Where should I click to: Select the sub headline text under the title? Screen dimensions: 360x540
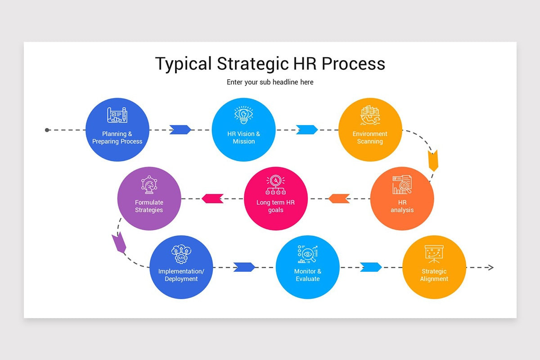[x=270, y=82]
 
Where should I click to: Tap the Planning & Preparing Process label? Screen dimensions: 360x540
[x=117, y=138]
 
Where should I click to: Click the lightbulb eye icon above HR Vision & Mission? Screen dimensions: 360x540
[x=243, y=115]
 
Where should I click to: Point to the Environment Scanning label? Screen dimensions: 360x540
[x=370, y=138]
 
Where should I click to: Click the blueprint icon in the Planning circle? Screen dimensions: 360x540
[x=117, y=115]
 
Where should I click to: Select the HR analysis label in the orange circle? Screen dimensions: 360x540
[x=402, y=206]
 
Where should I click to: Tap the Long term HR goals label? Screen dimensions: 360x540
[x=275, y=206]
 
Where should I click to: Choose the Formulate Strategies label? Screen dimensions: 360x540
[x=149, y=206]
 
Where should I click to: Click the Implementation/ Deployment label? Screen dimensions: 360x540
[x=181, y=275]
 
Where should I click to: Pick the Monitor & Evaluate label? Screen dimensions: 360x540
[x=308, y=275]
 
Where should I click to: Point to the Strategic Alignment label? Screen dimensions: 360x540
[x=434, y=275]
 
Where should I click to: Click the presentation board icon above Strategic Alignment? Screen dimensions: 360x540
[x=434, y=253]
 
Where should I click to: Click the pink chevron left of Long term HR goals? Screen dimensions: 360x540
[x=212, y=198]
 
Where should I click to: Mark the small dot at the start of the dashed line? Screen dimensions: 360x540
[x=47, y=130]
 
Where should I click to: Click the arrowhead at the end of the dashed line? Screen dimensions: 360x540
[x=491, y=268]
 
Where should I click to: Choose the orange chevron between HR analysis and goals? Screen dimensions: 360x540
[x=339, y=198]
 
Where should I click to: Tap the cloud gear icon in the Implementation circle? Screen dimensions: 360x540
[x=181, y=254]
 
